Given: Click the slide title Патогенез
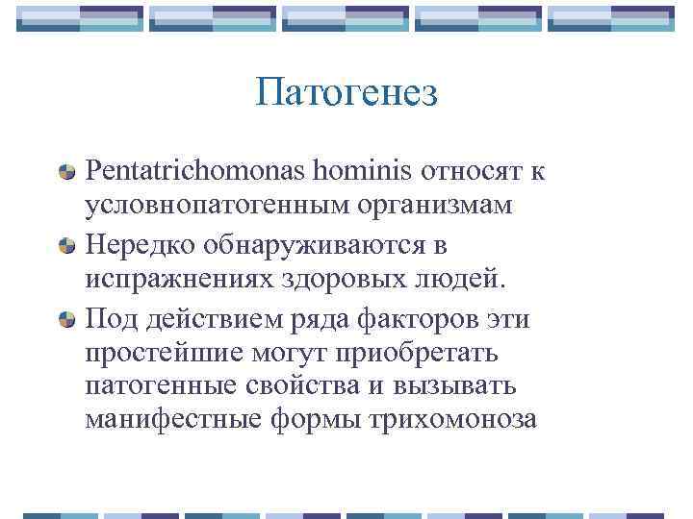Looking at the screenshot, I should [x=346, y=93].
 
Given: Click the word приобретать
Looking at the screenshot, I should [x=417, y=354].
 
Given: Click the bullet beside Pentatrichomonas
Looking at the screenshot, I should [x=68, y=173].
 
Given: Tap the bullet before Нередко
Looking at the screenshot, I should [x=68, y=246].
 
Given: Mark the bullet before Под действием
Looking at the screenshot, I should [x=68, y=319].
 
